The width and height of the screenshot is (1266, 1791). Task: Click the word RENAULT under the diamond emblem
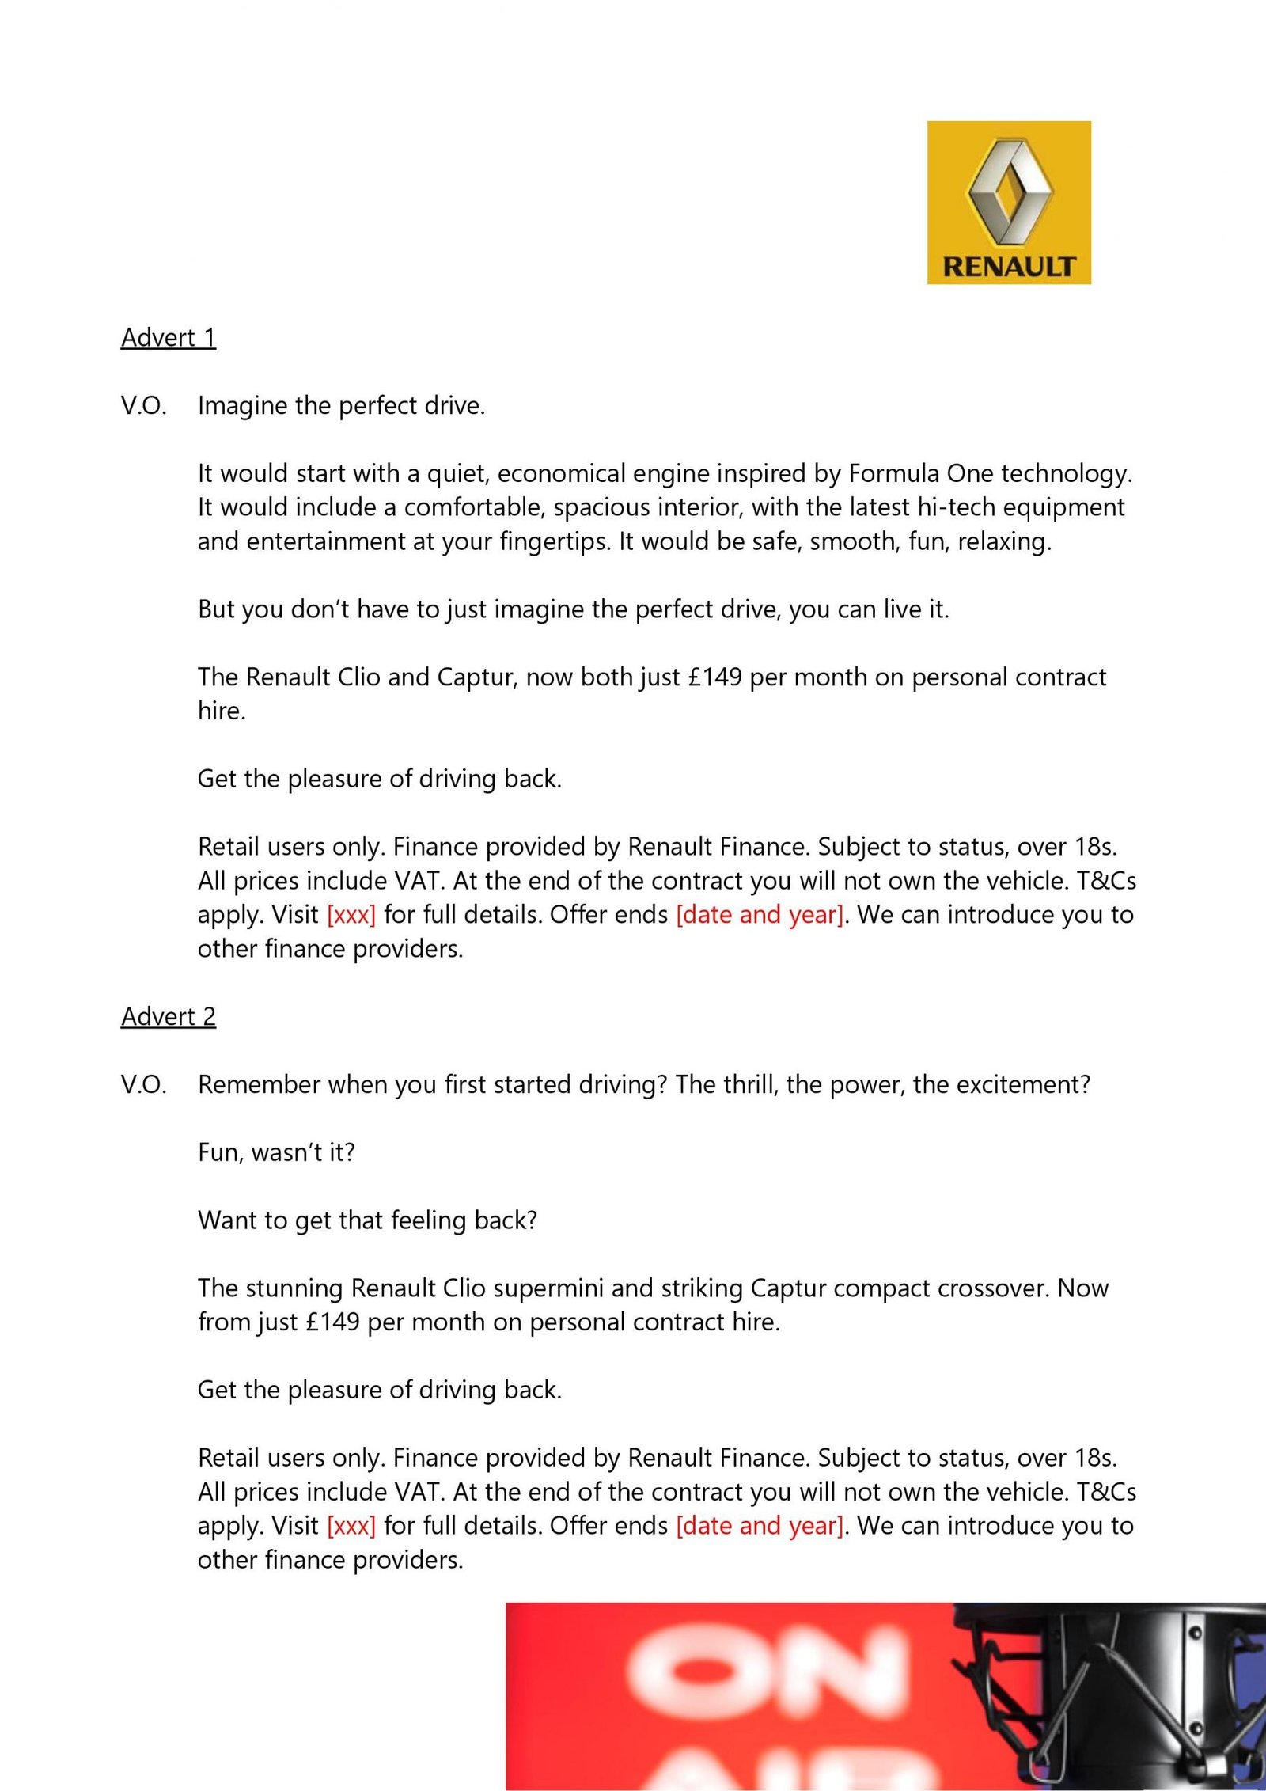(x=1009, y=266)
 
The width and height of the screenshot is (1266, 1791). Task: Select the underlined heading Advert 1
(x=168, y=338)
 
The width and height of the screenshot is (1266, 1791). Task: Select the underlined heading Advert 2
(x=168, y=1017)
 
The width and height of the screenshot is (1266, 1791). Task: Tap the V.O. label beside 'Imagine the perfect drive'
(x=143, y=406)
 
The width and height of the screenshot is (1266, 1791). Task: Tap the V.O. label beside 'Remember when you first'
(x=143, y=1085)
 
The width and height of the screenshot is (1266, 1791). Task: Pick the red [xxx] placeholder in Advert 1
(x=351, y=915)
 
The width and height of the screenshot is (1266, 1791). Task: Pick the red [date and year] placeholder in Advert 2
(x=760, y=1526)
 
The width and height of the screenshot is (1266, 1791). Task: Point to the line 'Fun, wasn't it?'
(x=276, y=1152)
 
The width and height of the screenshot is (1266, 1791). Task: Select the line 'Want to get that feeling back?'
(x=367, y=1220)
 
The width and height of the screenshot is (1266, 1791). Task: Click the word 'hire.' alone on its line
(x=222, y=711)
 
